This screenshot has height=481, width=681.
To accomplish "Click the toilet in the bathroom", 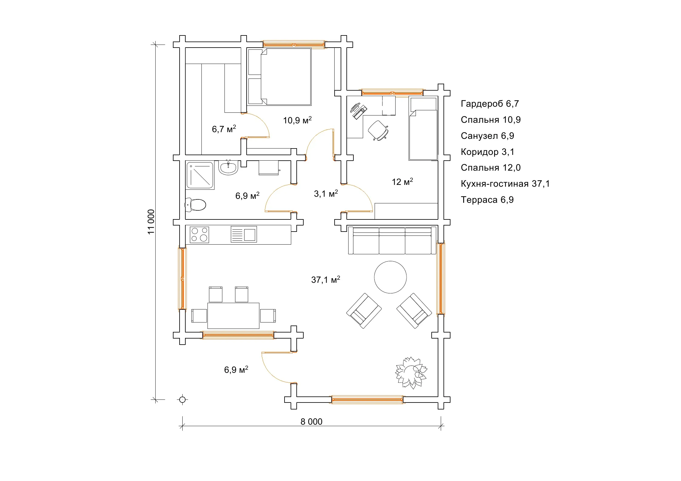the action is coord(195,205).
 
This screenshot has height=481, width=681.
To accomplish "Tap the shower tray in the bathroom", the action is coord(200,175).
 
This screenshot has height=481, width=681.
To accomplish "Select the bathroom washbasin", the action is coord(228,168).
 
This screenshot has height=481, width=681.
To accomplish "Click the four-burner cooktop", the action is coord(199,235).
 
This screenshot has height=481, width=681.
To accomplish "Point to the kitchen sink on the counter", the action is coord(244,234).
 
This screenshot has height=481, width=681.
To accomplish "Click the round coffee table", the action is coord(390,277).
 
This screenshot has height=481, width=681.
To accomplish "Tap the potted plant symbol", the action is coord(411,372).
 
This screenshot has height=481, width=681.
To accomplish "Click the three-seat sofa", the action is coord(392,240).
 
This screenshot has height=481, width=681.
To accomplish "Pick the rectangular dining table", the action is coord(233,316).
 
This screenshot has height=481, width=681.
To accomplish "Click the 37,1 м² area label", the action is coord(325,279).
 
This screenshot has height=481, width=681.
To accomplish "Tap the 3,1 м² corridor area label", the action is coord(326,193).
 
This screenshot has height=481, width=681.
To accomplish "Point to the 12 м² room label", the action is coord(402,182).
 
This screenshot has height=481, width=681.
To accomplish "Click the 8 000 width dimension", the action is coord(312,422).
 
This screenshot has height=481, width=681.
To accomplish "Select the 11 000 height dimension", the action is coord(151,222).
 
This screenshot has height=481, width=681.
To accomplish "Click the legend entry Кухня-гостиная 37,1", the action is coord(505,184).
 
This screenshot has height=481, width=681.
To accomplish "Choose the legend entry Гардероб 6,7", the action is coord(490,104).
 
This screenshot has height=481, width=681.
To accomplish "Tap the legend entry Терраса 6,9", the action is coord(487,200).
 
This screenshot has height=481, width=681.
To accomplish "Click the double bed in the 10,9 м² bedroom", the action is coord(280,77).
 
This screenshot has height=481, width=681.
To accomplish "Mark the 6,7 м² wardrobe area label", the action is coord(224,129).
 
